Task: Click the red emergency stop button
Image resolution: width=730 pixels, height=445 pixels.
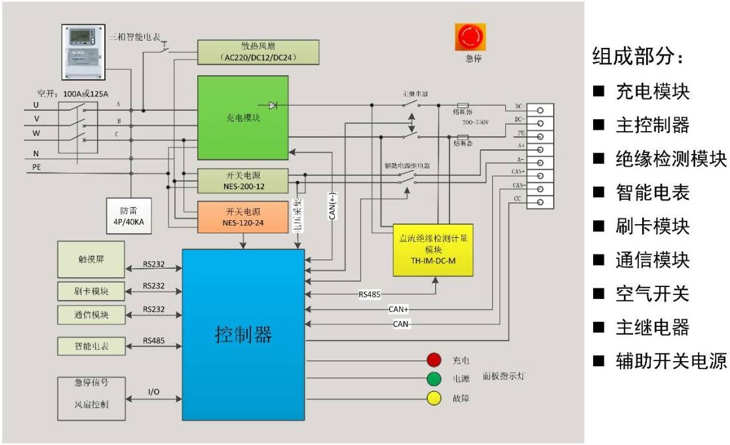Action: [x=470, y=37]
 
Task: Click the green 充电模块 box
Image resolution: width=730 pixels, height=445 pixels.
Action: [x=243, y=118]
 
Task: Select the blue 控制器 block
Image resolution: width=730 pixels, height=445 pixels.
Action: [x=243, y=334]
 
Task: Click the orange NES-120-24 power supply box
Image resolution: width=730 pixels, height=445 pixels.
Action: [x=243, y=217]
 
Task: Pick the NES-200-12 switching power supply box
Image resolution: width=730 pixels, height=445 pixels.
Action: [x=243, y=180]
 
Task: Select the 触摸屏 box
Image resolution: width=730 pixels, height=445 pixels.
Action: [x=90, y=259]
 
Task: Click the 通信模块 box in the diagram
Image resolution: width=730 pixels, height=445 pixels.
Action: [x=90, y=314]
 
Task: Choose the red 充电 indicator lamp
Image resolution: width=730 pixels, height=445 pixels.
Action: [x=434, y=360]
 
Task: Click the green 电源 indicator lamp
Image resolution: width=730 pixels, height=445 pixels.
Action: [x=434, y=378]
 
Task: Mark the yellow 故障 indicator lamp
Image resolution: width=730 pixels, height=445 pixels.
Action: [x=434, y=397]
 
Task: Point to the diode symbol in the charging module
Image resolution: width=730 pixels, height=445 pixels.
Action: [x=272, y=106]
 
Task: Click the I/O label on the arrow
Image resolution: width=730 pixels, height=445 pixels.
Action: [x=153, y=391]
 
